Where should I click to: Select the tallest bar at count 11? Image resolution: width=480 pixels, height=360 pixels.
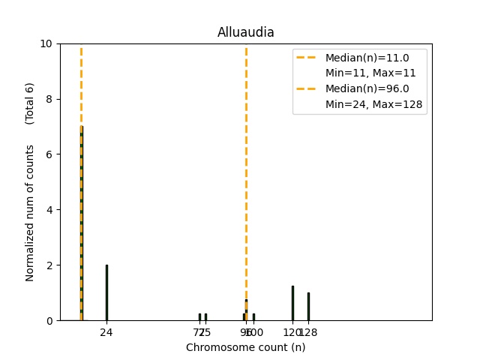(x=81, y=225)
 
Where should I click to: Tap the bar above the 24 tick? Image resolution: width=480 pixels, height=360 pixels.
(x=106, y=292)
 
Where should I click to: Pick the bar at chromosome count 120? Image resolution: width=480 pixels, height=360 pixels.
(x=292, y=303)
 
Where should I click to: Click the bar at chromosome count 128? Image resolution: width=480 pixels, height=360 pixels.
(x=308, y=306)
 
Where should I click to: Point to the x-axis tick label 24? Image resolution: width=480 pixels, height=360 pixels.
(x=106, y=331)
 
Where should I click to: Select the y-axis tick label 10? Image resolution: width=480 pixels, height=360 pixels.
(x=46, y=43)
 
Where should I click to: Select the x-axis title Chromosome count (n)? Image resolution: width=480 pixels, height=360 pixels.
(x=245, y=347)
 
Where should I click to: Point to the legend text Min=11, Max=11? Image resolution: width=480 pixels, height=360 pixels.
(x=370, y=73)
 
